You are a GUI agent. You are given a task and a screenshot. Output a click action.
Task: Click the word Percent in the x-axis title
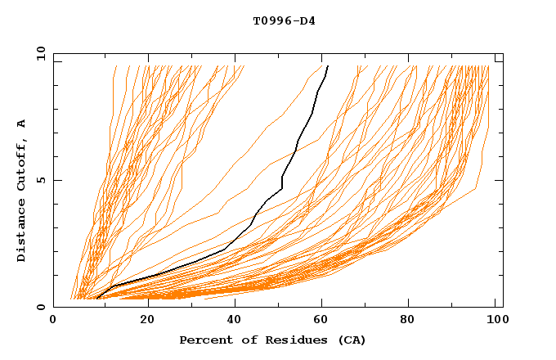[x=204, y=340]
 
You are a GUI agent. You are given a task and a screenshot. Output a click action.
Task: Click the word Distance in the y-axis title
[x=22, y=228]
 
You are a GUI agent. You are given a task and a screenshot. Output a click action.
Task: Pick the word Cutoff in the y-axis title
[x=22, y=159]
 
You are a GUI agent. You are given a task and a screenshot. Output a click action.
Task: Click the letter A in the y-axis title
[x=22, y=124]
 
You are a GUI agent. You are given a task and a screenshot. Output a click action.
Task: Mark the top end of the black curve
[x=328, y=66]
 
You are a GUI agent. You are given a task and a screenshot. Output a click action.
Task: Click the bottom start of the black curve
[x=96, y=299]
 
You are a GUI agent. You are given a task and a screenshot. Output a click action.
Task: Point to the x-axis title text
[x=272, y=340]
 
